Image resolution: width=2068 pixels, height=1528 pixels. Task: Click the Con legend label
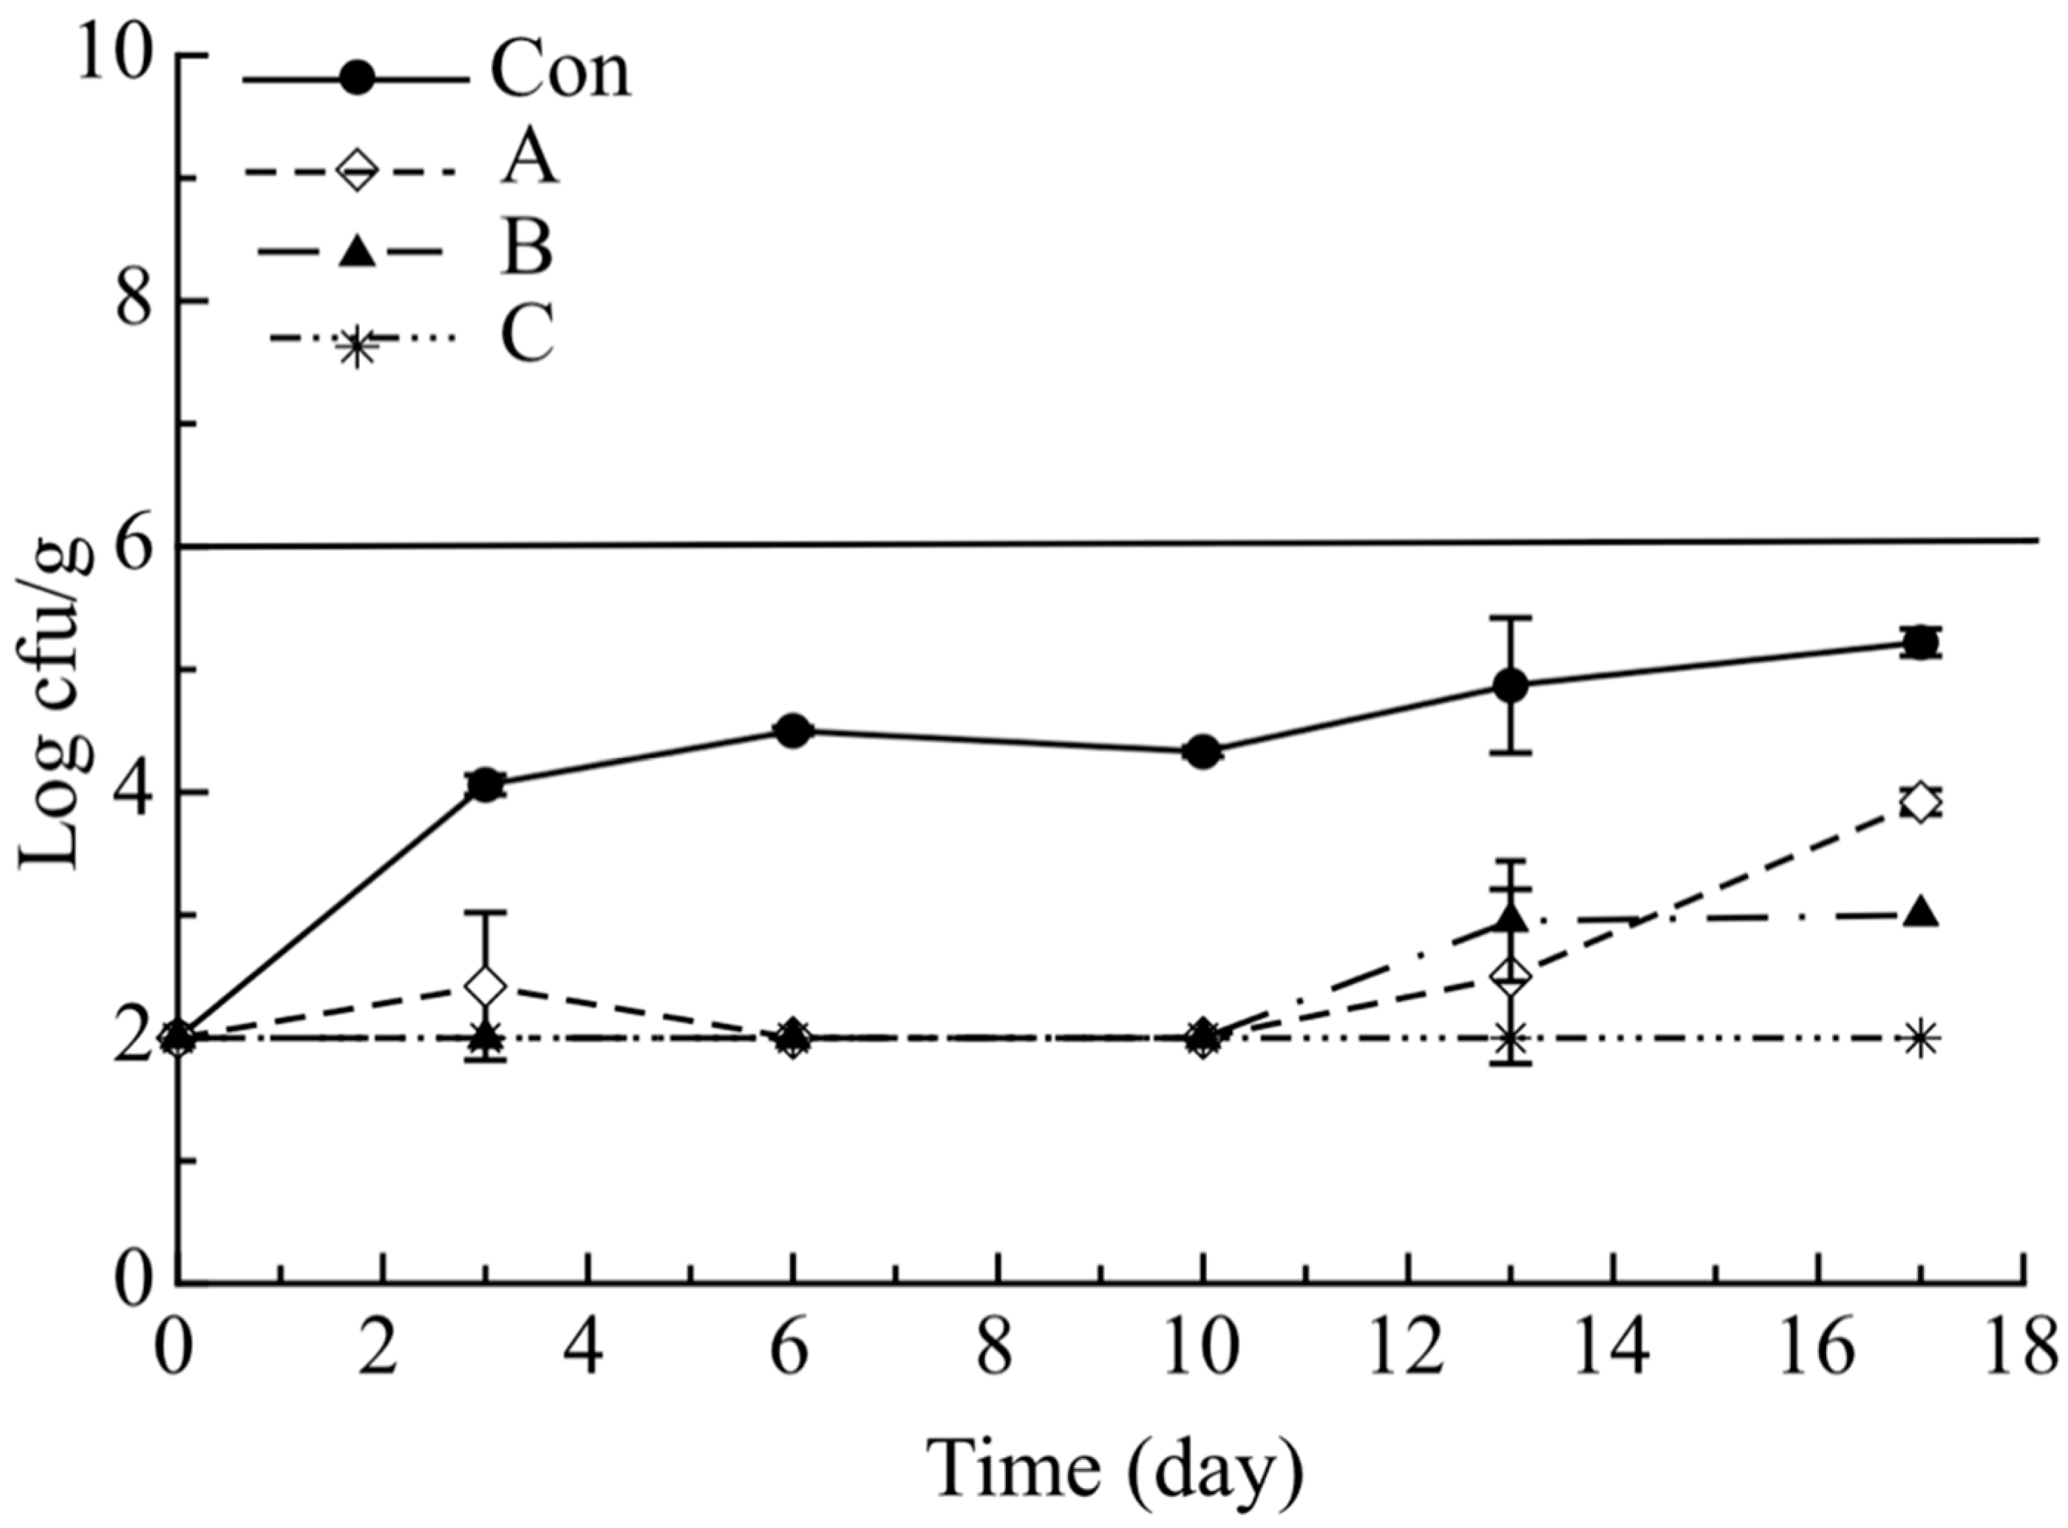click(560, 73)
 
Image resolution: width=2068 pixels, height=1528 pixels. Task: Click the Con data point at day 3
click(486, 785)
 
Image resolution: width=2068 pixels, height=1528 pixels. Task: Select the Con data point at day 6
click(792, 730)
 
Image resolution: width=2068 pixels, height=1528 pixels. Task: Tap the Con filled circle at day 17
click(1921, 642)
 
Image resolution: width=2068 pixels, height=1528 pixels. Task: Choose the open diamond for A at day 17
click(1921, 802)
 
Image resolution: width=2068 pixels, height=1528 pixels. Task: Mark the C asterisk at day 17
click(1921, 1039)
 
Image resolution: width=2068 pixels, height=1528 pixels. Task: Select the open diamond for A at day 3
click(486, 986)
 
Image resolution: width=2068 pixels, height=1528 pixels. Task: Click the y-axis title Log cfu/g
click(58, 703)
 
